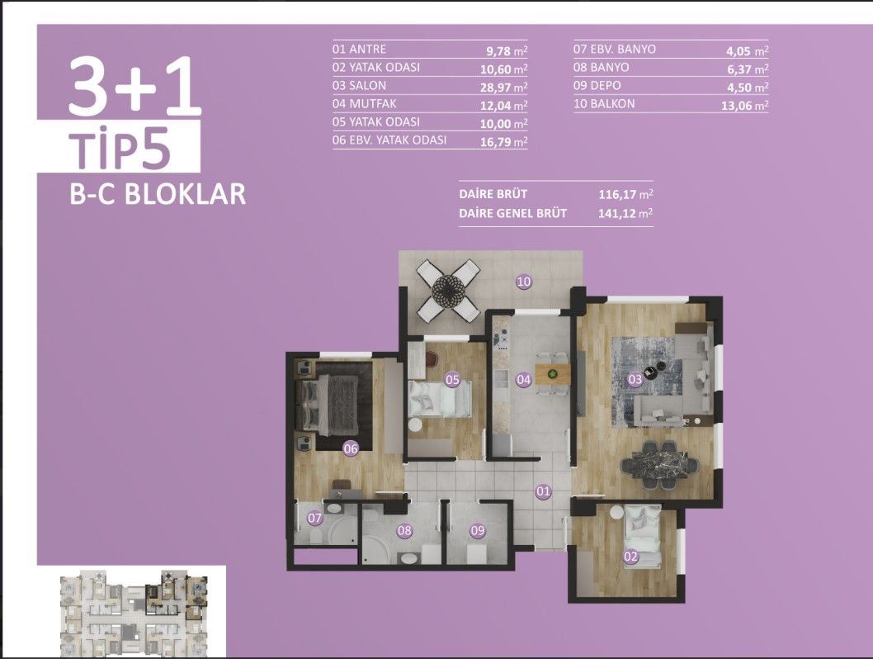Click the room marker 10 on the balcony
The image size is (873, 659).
coord(523,282)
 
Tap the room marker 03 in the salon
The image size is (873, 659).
coord(635,380)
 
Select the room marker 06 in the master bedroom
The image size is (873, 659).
coord(351,448)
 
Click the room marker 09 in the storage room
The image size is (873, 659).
coord(477,531)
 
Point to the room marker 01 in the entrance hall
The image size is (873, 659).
coord(543,492)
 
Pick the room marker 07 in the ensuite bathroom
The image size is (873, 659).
coord(314,519)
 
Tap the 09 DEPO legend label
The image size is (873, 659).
coord(598,86)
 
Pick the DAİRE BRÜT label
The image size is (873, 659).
coord(493,194)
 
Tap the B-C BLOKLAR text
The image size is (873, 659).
coord(158,194)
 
